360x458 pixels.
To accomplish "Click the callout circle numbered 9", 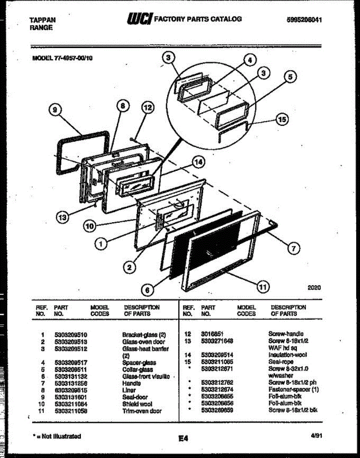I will [x=56, y=110].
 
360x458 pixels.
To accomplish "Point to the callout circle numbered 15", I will [x=282, y=119].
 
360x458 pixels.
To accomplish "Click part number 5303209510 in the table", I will [x=71, y=335].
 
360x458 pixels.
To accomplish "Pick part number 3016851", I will [x=212, y=334].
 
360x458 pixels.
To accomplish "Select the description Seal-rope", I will [x=281, y=361].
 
